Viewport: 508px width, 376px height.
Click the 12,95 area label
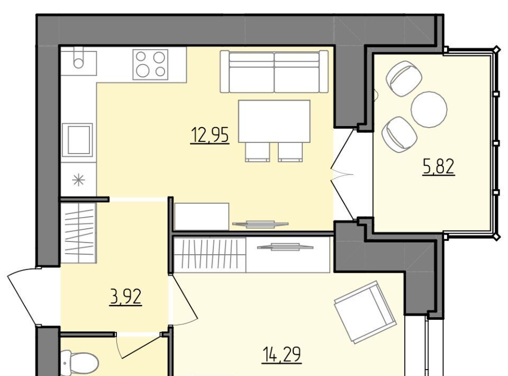[210, 135]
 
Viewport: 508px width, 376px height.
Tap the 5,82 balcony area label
[439, 167]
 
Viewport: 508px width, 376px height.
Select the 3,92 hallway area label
[126, 297]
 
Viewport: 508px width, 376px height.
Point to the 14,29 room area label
[281, 354]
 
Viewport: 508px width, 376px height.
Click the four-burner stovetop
[150, 65]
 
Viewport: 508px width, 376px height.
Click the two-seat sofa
[274, 71]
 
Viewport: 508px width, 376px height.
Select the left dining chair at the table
[258, 152]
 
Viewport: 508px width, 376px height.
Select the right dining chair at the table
[291, 152]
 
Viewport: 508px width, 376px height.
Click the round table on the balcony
[429, 108]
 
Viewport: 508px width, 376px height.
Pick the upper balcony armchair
[404, 78]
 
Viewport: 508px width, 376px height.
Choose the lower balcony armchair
[399, 134]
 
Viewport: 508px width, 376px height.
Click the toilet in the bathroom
[79, 364]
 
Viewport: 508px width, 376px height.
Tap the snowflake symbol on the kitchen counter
[79, 180]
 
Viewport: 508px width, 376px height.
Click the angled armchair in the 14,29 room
[365, 312]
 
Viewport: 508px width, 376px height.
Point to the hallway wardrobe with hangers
[79, 232]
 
